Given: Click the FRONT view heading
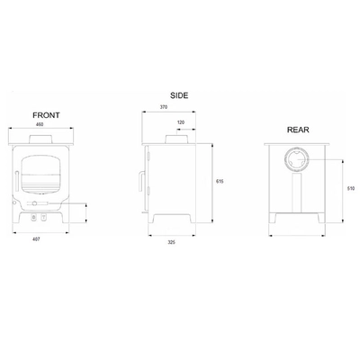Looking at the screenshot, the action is pyautogui.click(x=46, y=115).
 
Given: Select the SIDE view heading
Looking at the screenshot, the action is pyautogui.click(x=179, y=95).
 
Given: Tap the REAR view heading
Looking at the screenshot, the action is pyautogui.click(x=298, y=130).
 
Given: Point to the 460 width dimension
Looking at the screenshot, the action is pyautogui.click(x=40, y=124).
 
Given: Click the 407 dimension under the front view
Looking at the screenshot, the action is pyautogui.click(x=36, y=239).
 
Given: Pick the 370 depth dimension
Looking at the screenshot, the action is pyautogui.click(x=164, y=107).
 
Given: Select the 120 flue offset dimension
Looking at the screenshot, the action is pyautogui.click(x=181, y=122).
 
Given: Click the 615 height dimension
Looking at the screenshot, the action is pyautogui.click(x=220, y=182).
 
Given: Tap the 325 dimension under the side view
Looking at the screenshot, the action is pyautogui.click(x=171, y=242).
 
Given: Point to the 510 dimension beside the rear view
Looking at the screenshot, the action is pyautogui.click(x=351, y=189).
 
